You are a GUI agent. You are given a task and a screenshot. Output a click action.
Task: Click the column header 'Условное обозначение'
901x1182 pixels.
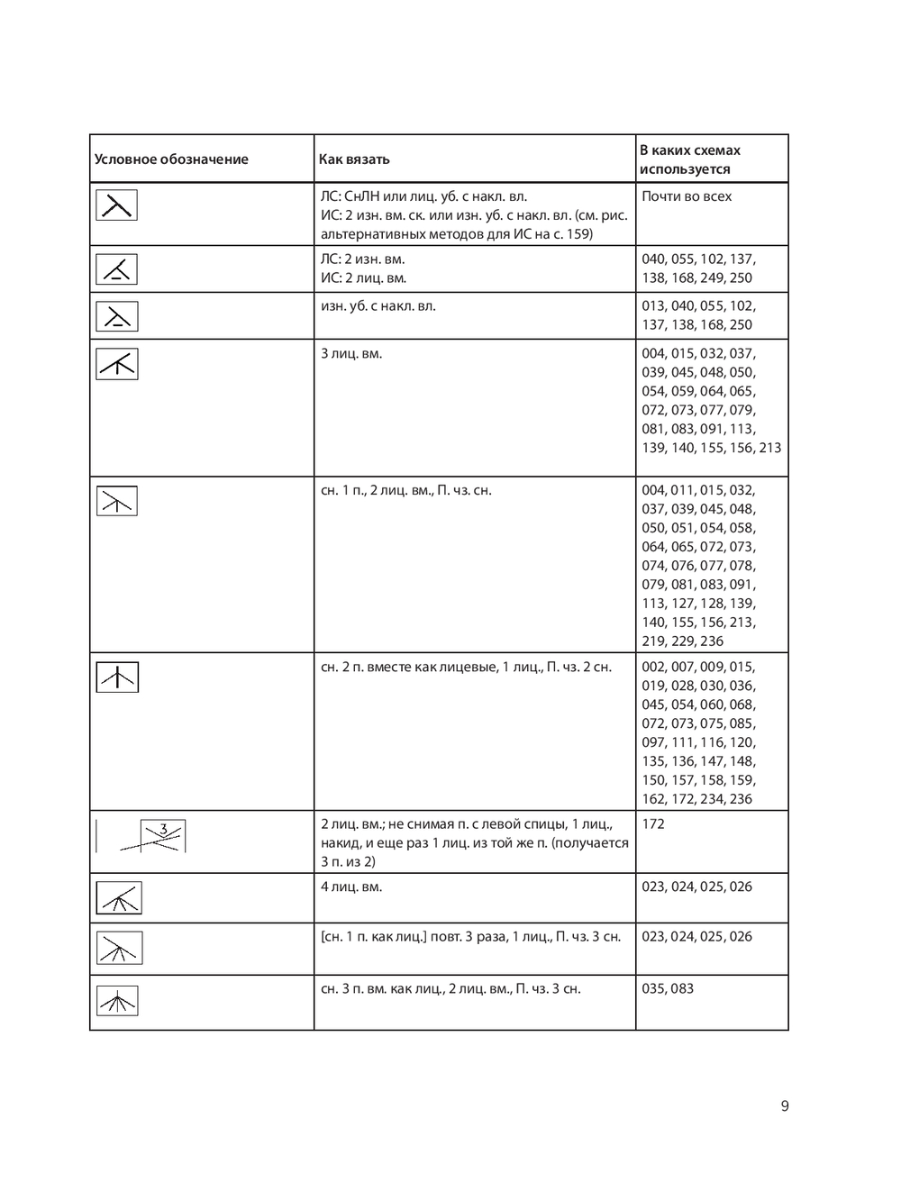[171, 159]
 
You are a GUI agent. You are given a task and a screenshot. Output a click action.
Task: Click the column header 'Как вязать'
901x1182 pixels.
[354, 159]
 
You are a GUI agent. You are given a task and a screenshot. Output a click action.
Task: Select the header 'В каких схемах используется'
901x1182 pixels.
[689, 159]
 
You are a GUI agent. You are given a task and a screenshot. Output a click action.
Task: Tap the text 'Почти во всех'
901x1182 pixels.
[687, 196]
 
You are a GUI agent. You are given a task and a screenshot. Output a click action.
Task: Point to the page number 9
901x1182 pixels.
[785, 1106]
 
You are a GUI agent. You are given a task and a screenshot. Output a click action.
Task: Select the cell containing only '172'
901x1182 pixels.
[653, 823]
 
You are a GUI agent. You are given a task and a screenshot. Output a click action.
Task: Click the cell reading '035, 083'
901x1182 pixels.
[668, 988]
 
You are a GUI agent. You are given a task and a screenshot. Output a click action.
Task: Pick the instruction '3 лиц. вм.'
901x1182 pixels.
[351, 353]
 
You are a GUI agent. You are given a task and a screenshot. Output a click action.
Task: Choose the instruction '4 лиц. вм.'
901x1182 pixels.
[351, 886]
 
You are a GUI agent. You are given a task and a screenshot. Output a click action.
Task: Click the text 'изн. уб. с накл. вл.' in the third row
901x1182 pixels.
[378, 305]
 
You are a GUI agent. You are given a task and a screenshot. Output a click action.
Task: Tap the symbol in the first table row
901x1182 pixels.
[117, 205]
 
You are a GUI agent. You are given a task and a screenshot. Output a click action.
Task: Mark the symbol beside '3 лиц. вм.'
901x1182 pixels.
[117, 363]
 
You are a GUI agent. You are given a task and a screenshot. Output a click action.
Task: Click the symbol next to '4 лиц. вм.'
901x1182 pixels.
[118, 897]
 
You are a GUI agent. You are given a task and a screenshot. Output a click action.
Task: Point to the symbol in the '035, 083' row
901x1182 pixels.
[117, 1000]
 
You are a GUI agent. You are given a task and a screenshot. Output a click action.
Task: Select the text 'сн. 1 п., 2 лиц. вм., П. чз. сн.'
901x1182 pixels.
[406, 490]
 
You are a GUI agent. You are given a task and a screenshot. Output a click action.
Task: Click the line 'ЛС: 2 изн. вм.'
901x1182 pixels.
[363, 259]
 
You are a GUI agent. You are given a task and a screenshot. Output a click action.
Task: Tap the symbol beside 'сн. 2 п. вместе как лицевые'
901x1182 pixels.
[117, 677]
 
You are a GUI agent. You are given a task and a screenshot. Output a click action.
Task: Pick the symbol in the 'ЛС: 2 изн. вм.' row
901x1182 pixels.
[117, 268]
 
